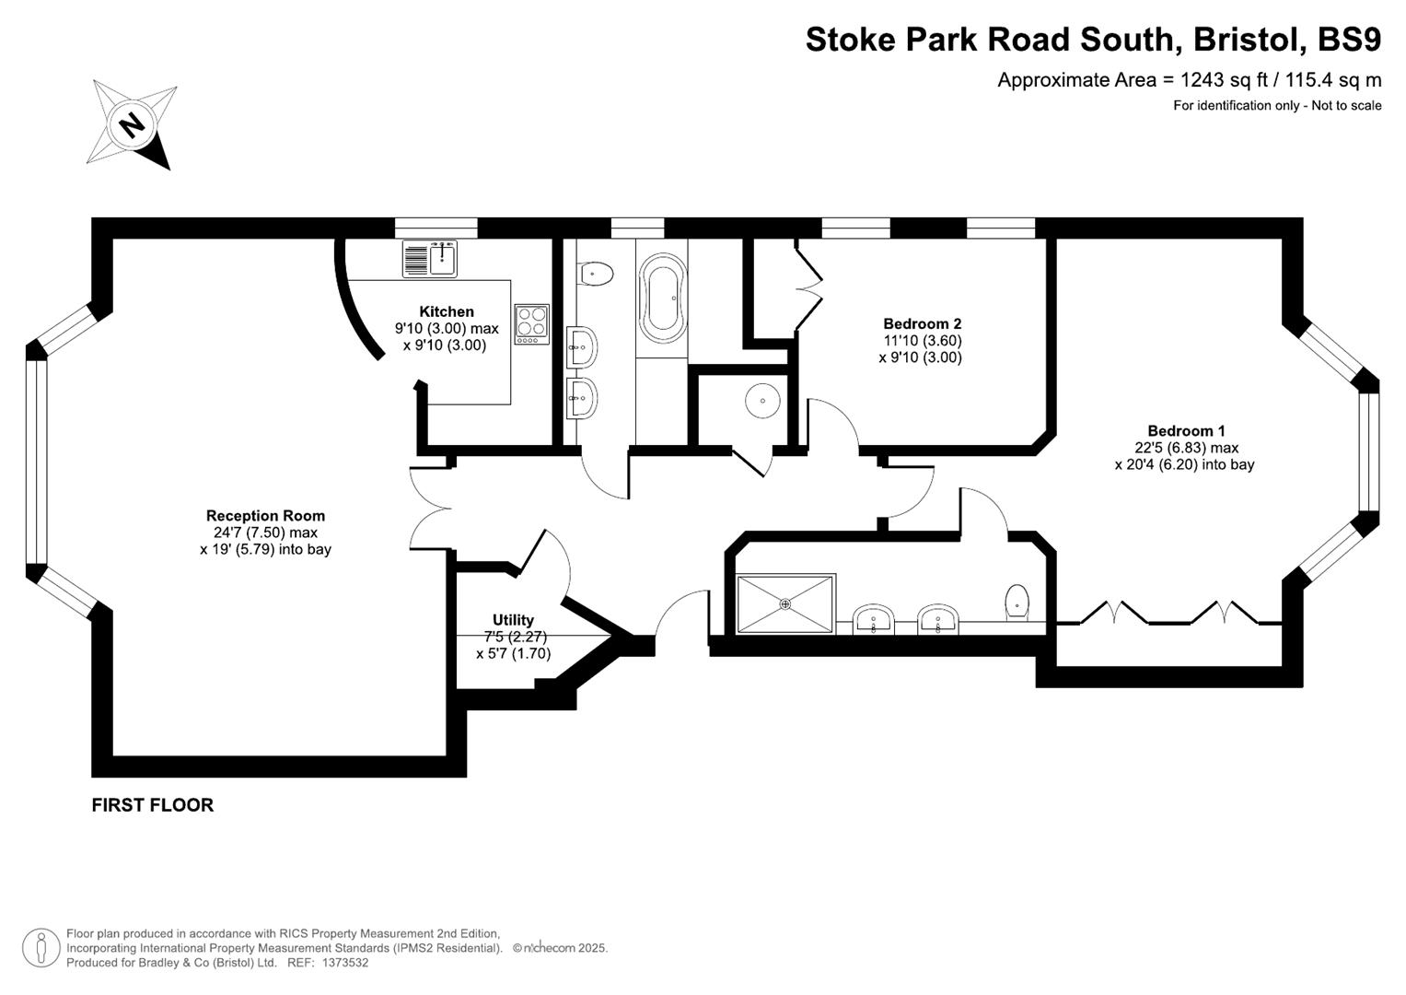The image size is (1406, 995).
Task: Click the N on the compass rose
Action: [133, 124]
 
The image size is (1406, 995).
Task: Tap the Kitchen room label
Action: [447, 312]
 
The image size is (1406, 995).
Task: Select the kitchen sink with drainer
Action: [429, 259]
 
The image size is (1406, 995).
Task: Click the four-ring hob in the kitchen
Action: [531, 324]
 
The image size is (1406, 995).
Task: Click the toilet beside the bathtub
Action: [596, 274]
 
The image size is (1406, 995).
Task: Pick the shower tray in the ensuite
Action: [785, 604]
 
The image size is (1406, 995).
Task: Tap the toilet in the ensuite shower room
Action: [1017, 602]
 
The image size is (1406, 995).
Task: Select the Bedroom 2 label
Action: [922, 323]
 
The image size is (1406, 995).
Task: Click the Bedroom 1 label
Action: [1186, 430]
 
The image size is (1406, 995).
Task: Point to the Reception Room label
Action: [265, 516]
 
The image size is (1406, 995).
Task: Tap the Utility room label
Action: [513, 620]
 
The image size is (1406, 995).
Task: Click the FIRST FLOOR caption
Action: [153, 805]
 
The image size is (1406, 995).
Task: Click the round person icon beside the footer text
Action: [41, 947]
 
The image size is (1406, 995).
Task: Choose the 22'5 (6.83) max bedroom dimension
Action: [1186, 448]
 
